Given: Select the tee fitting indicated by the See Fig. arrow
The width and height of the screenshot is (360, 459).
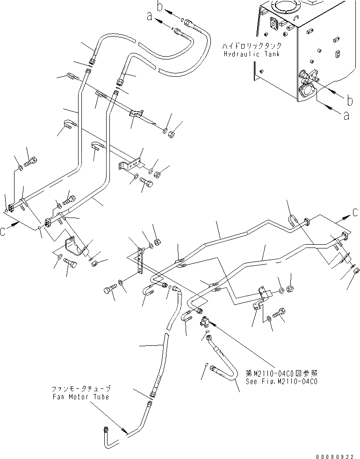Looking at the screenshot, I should (205, 322).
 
